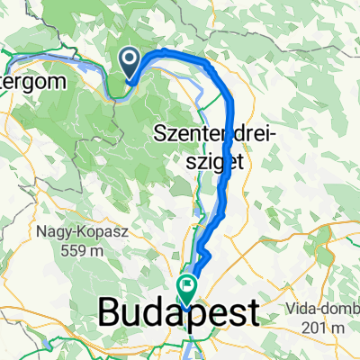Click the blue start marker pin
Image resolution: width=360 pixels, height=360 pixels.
[x=130, y=61]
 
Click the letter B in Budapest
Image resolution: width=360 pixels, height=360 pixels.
[x=109, y=314]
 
